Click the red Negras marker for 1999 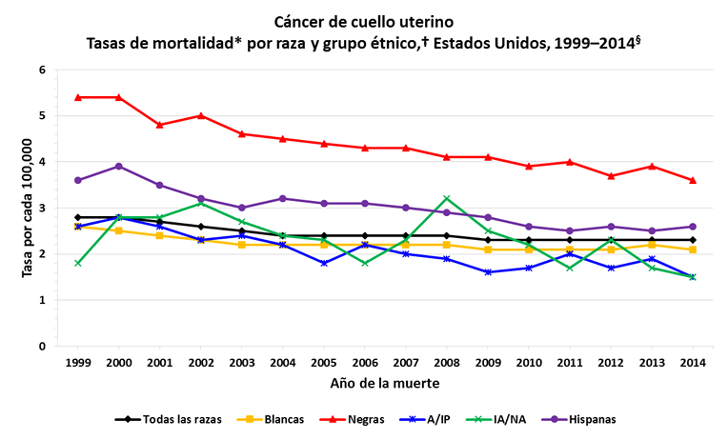pyautogui.click(x=78, y=97)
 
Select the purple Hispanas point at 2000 pyautogui.click(x=118, y=166)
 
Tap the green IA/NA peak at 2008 pyautogui.click(x=446, y=198)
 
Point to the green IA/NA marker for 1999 pyautogui.click(x=78, y=263)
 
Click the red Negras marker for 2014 pyautogui.click(x=693, y=180)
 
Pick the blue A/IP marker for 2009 pyautogui.click(x=487, y=272)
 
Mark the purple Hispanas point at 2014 pyautogui.click(x=693, y=227)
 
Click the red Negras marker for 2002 pyautogui.click(x=200, y=115)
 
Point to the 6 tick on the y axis pyautogui.click(x=42, y=70)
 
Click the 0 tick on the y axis pyautogui.click(x=42, y=347)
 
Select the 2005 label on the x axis pyautogui.click(x=323, y=363)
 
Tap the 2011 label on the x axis pyautogui.click(x=569, y=363)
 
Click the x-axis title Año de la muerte pyautogui.click(x=385, y=384)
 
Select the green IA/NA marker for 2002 pyautogui.click(x=200, y=203)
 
